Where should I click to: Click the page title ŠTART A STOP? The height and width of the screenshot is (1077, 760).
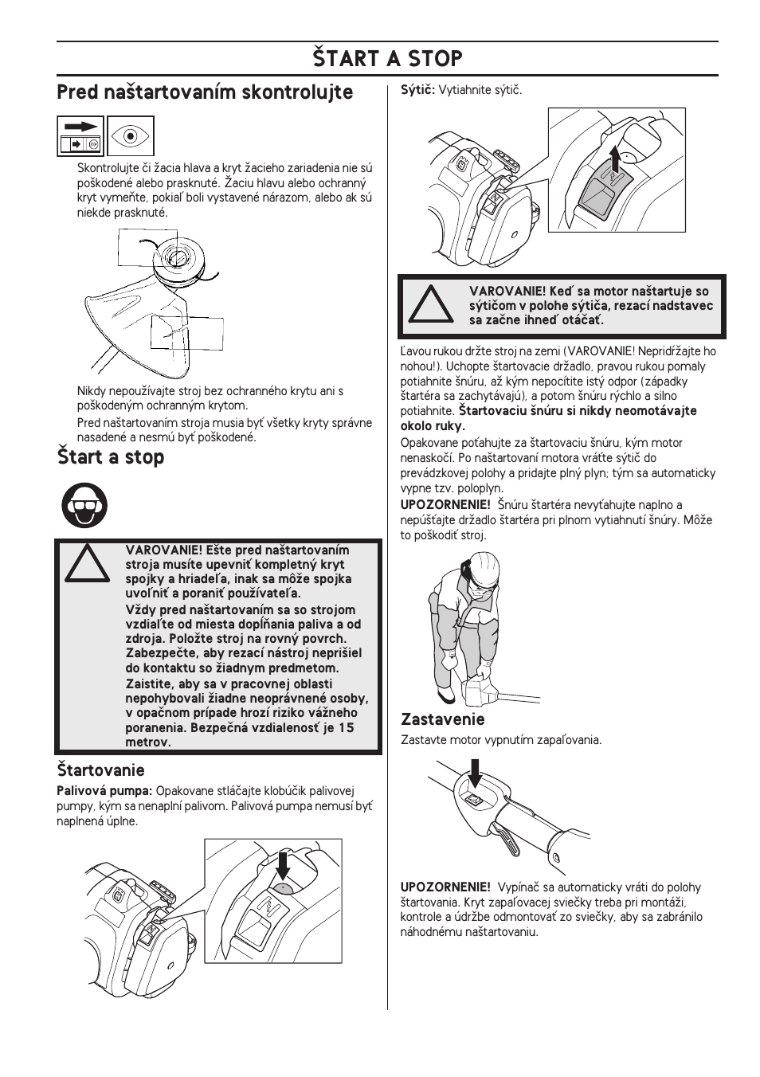coord(387,59)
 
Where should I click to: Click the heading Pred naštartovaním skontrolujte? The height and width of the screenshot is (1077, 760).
coord(205,93)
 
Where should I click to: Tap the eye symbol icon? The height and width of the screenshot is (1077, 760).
coord(131,135)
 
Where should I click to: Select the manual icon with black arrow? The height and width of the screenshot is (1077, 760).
coord(80,135)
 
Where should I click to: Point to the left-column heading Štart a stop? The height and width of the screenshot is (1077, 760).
coord(111,457)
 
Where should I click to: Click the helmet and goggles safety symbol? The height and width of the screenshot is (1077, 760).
coord(85,505)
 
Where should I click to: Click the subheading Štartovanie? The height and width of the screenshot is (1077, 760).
coord(100,770)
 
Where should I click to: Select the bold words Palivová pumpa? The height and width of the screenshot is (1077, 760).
coord(104,791)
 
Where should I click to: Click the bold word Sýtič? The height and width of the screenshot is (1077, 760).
coord(417,90)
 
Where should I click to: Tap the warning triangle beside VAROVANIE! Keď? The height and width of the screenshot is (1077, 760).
coord(430,305)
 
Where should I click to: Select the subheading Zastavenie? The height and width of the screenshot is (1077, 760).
coord(442,720)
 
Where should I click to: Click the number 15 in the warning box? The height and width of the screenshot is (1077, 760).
coord(347,727)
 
